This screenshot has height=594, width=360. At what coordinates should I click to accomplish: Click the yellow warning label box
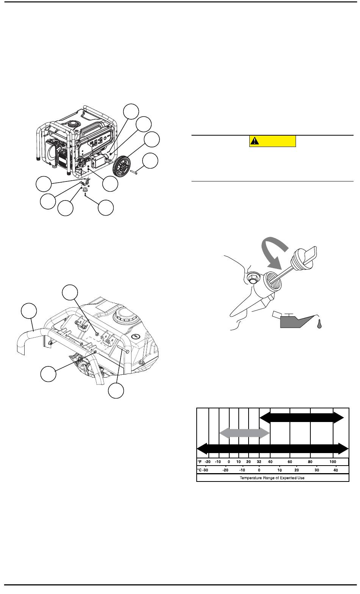coord(272,141)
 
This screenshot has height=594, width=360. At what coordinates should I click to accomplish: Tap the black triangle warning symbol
coord(254,141)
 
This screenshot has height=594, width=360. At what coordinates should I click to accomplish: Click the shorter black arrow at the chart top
coord(302,417)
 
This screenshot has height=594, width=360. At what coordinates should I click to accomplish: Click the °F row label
coord(199,462)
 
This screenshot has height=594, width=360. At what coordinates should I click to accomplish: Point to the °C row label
coord(199,470)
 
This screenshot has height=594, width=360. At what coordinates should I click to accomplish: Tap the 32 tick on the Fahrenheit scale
coord(259,462)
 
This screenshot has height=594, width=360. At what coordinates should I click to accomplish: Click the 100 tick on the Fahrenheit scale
coord(333,462)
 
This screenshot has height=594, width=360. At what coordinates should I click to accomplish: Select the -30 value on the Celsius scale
coord(205,470)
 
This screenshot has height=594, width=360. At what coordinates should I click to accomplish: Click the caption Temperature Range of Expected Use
coord(272,478)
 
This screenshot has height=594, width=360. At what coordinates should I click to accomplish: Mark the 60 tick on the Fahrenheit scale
coord(290,462)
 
